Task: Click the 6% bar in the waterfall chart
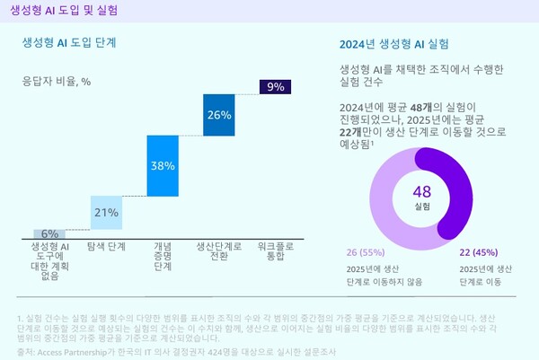pyautogui.click(x=49, y=234)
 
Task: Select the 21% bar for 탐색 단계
pyautogui.click(x=106, y=213)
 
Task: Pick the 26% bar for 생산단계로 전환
pyautogui.click(x=219, y=115)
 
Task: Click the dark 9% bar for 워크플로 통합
pyautogui.click(x=276, y=87)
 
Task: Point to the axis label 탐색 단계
pyautogui.click(x=106, y=246)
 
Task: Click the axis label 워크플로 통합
pyautogui.click(x=276, y=250)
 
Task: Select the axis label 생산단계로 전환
pyautogui.click(x=219, y=250)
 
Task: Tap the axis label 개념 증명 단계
pyautogui.click(x=163, y=256)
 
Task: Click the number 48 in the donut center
pyautogui.click(x=422, y=191)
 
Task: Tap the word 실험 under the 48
pyautogui.click(x=422, y=206)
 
